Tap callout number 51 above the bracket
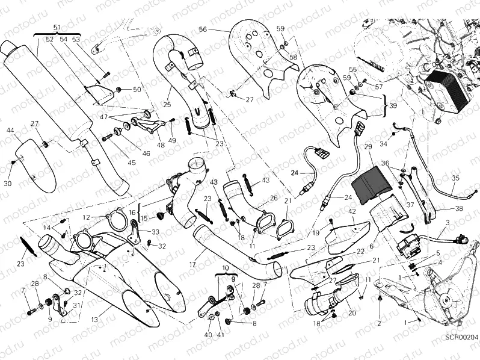click(x=57, y=28)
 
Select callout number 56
click(x=202, y=29)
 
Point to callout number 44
click(x=10, y=130)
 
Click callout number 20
click(x=352, y=313)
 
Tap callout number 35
click(x=455, y=178)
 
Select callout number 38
click(x=459, y=209)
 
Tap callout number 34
click(x=383, y=144)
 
